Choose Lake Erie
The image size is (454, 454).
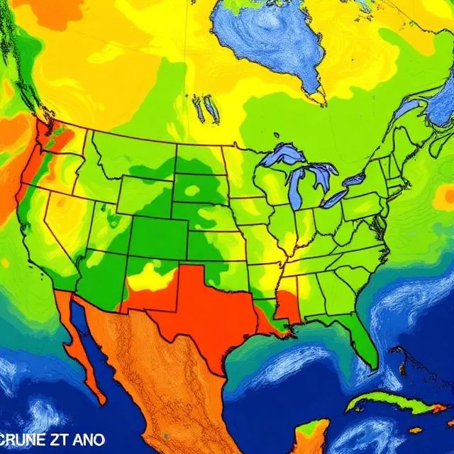point(333,198)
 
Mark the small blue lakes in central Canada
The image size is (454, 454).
point(206,108)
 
